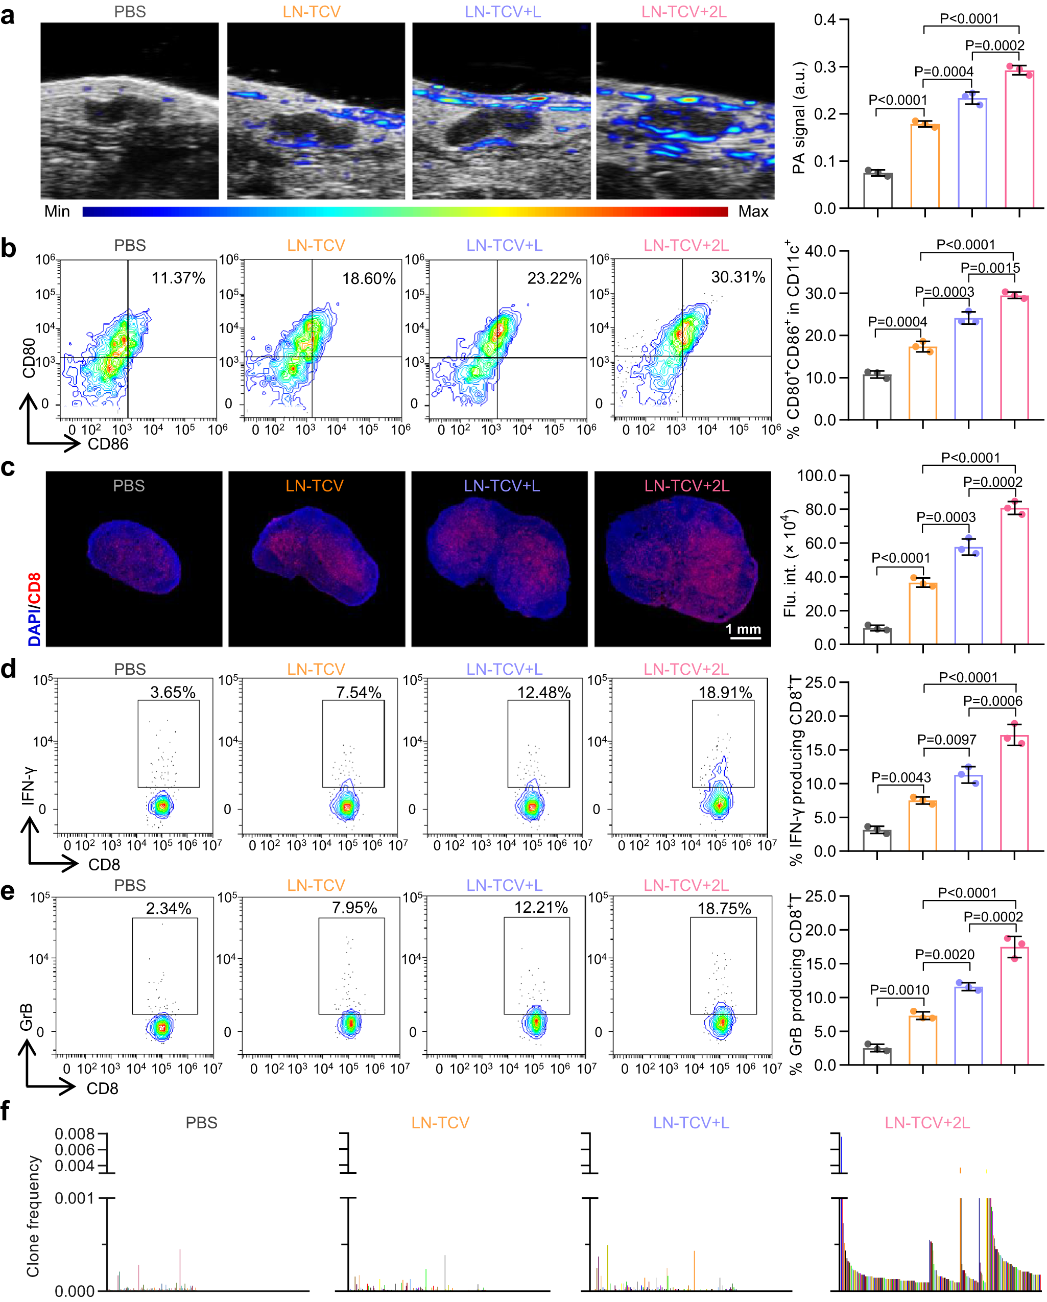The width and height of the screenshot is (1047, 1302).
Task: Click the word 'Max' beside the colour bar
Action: [x=752, y=211]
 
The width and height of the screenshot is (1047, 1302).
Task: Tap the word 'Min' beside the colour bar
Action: [x=57, y=211]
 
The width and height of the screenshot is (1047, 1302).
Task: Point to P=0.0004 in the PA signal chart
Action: [x=943, y=72]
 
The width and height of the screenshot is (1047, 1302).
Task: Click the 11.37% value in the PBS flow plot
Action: [x=178, y=278]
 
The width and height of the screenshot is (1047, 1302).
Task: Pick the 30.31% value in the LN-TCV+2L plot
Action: [x=737, y=277]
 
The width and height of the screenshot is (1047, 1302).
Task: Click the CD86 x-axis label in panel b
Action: [x=108, y=444]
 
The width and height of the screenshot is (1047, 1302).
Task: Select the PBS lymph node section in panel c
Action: [x=134, y=557]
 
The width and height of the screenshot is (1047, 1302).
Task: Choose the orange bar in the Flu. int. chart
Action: [x=922, y=613]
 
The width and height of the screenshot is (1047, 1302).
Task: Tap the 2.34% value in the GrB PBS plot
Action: [x=169, y=908]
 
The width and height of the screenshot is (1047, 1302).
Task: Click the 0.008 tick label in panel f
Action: [x=75, y=1133]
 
